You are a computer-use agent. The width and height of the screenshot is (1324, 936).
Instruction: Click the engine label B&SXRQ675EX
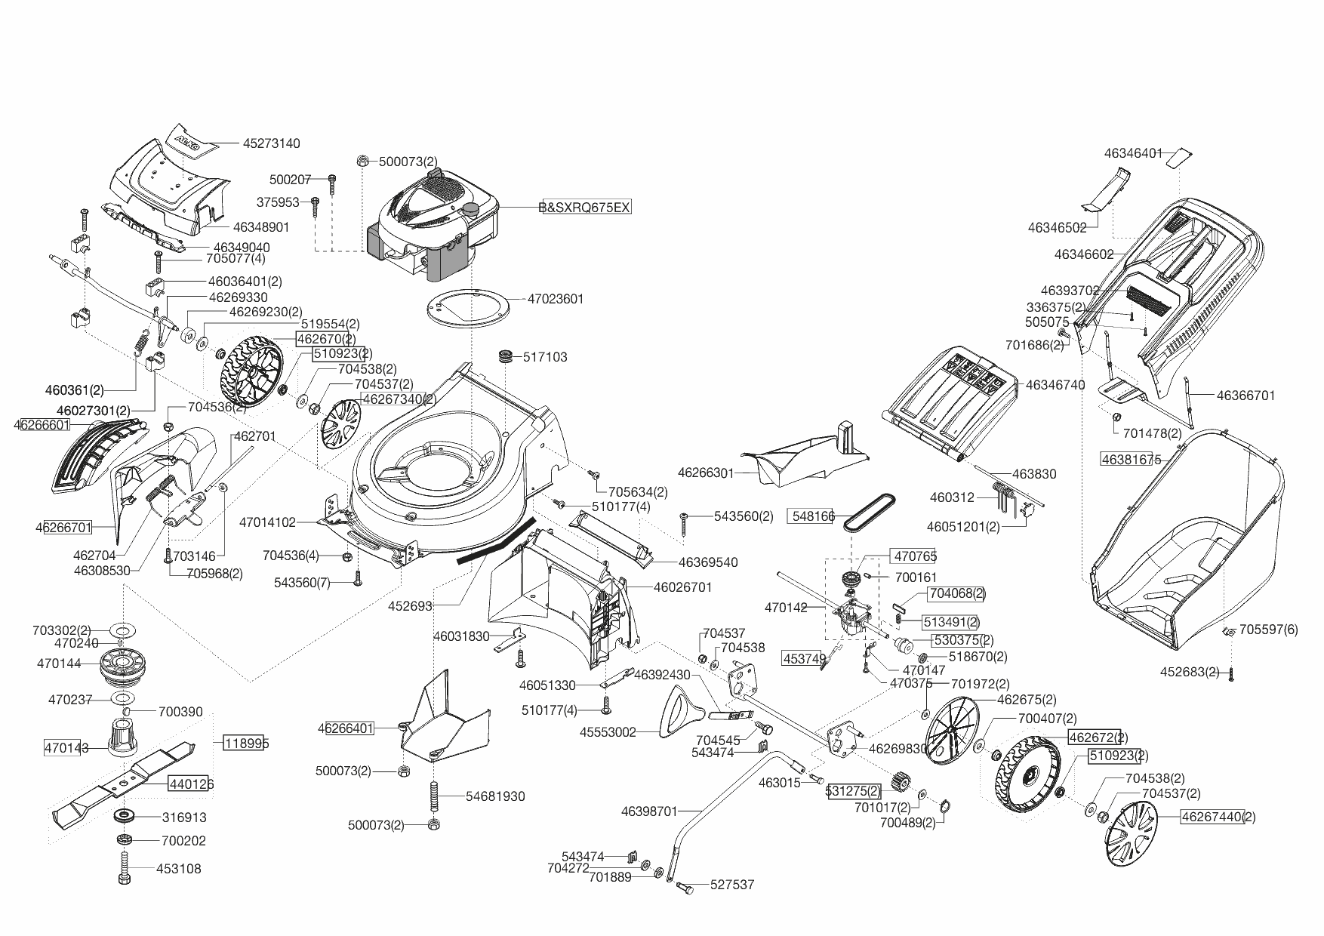pos(585,207)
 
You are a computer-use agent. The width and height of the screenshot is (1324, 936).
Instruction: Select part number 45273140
pos(271,143)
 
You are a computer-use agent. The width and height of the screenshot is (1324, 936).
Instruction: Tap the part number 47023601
pos(555,299)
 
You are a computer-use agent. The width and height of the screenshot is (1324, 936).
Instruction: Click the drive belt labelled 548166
pos(871,513)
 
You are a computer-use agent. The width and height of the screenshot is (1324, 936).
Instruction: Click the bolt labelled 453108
pos(125,869)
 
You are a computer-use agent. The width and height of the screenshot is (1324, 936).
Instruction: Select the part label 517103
pos(544,357)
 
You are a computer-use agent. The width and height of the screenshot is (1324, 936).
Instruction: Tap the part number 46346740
pos(1055,385)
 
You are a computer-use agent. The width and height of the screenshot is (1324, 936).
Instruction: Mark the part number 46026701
pos(682,587)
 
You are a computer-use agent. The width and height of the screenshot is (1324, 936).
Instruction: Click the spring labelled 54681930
pos(434,796)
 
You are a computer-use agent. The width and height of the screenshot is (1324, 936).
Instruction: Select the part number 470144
pos(58,664)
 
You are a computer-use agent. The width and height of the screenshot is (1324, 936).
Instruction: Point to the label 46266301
pos(706,473)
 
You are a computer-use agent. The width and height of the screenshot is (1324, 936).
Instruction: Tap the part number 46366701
pos(1245,395)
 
